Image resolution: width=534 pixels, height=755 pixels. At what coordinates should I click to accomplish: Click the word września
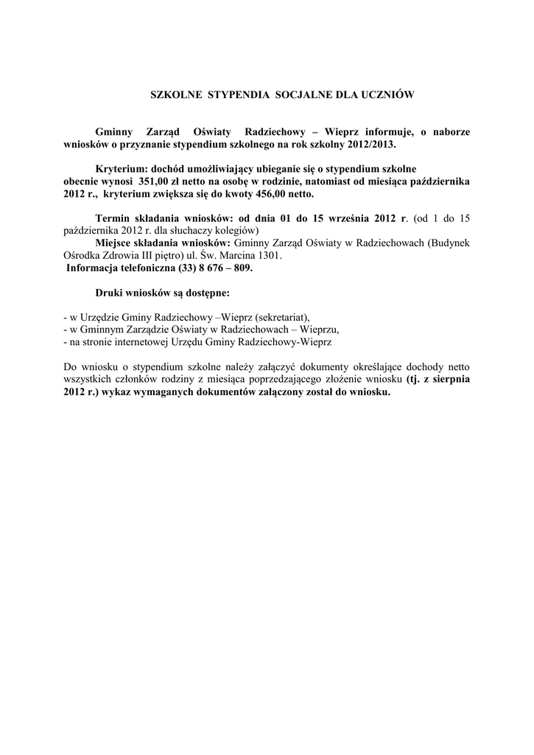[345, 218]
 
